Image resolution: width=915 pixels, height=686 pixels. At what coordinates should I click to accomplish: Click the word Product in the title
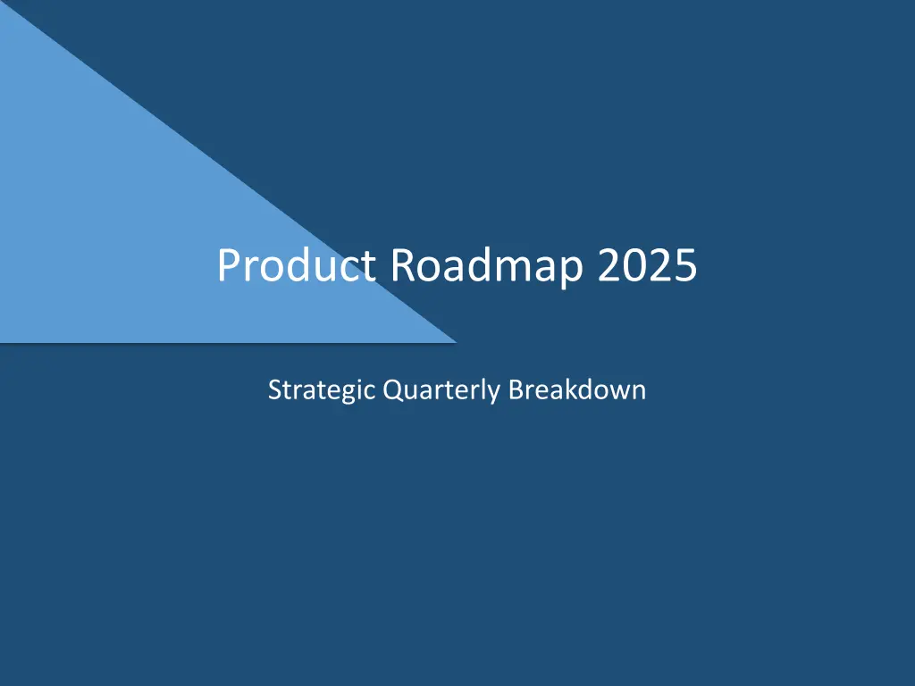coord(297,265)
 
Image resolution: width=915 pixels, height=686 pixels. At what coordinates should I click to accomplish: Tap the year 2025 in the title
coord(648,265)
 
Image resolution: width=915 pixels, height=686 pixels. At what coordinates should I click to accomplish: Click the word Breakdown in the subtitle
coord(577,389)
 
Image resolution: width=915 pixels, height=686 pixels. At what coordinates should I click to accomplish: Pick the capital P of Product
coord(228,265)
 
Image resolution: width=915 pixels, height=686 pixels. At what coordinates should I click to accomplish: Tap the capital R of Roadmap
coord(402,265)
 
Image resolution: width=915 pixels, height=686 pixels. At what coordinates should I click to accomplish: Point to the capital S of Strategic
coord(275,389)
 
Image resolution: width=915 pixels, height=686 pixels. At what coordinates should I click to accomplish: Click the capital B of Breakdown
coord(516,389)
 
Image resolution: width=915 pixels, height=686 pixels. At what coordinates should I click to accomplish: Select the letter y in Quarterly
coord(493,395)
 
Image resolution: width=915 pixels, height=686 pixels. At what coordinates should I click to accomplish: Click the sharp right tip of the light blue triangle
coord(457,342)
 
